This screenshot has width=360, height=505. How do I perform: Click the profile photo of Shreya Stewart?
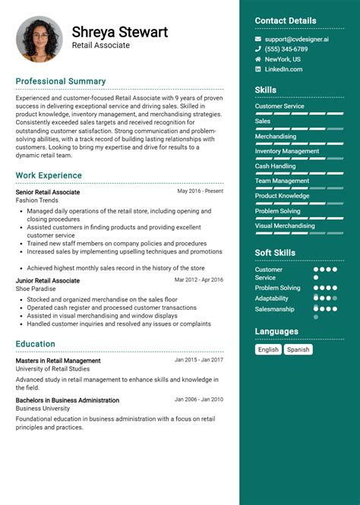point(39,39)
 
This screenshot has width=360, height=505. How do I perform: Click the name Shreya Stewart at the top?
point(119,32)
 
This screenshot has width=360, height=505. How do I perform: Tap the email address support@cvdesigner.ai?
point(296,39)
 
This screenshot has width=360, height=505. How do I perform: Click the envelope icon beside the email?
point(258,39)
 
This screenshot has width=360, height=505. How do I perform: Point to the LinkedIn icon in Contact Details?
point(258,69)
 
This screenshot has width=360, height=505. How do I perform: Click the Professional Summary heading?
point(61,81)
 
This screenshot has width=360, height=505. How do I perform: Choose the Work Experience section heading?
point(49,175)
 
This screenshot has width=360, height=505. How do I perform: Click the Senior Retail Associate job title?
point(47,192)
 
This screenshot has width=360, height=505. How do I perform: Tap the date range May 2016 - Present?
point(201,191)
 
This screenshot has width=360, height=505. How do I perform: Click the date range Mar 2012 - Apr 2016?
point(199,279)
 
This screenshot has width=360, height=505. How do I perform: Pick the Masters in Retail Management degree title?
point(58,361)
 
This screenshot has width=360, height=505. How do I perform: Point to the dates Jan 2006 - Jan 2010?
point(199,399)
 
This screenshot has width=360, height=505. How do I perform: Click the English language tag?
point(268,349)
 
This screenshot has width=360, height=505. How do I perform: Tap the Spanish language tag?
point(298,349)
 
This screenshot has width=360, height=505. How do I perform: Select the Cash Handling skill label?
point(275,166)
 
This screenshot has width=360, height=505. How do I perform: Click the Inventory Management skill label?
point(287,151)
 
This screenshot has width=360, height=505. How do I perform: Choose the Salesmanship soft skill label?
point(275,309)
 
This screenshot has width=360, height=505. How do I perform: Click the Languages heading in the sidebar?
point(276,332)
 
